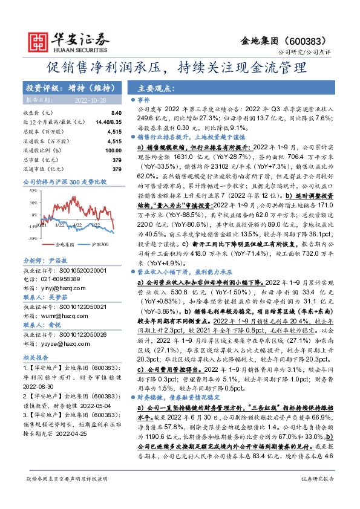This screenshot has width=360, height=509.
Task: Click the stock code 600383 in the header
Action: pos(309,41)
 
